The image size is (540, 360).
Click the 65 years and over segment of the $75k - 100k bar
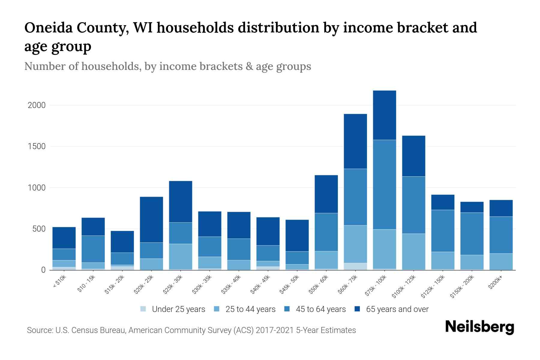click(384, 115)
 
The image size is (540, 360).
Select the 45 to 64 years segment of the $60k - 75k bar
click(355, 197)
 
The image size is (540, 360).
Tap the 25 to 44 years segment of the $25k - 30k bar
click(181, 256)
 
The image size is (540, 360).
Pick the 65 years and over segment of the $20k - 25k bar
click(151, 219)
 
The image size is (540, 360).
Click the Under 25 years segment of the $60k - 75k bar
click(355, 266)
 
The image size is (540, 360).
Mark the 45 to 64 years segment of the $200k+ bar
click(501, 235)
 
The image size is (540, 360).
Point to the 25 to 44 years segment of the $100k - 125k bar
click(413, 251)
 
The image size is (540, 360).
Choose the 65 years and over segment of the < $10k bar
click(64, 238)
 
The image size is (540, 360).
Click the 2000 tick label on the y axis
click(37, 105)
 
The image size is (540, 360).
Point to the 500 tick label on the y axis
click(39, 229)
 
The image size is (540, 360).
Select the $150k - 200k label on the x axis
click(462, 287)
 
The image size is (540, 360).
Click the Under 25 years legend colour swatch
click(143, 309)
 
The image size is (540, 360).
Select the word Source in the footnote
click(39, 330)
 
